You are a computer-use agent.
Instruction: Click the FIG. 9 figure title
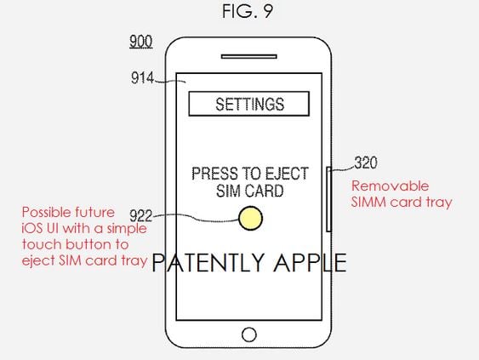(x=248, y=12)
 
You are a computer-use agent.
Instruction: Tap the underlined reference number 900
(x=141, y=42)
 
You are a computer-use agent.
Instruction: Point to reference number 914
(x=142, y=78)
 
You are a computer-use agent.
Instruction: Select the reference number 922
(x=141, y=215)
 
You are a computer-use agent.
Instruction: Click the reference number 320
(x=366, y=163)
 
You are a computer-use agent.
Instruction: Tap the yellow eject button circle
(x=250, y=218)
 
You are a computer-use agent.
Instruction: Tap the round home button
(x=249, y=334)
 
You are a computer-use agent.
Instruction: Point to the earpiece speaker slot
(x=249, y=56)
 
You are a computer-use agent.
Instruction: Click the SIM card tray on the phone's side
(x=328, y=199)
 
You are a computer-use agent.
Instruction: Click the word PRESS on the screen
(x=214, y=174)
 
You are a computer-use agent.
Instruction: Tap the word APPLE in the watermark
(x=310, y=263)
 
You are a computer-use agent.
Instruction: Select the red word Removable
(x=391, y=186)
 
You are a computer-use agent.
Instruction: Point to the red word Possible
(x=47, y=213)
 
